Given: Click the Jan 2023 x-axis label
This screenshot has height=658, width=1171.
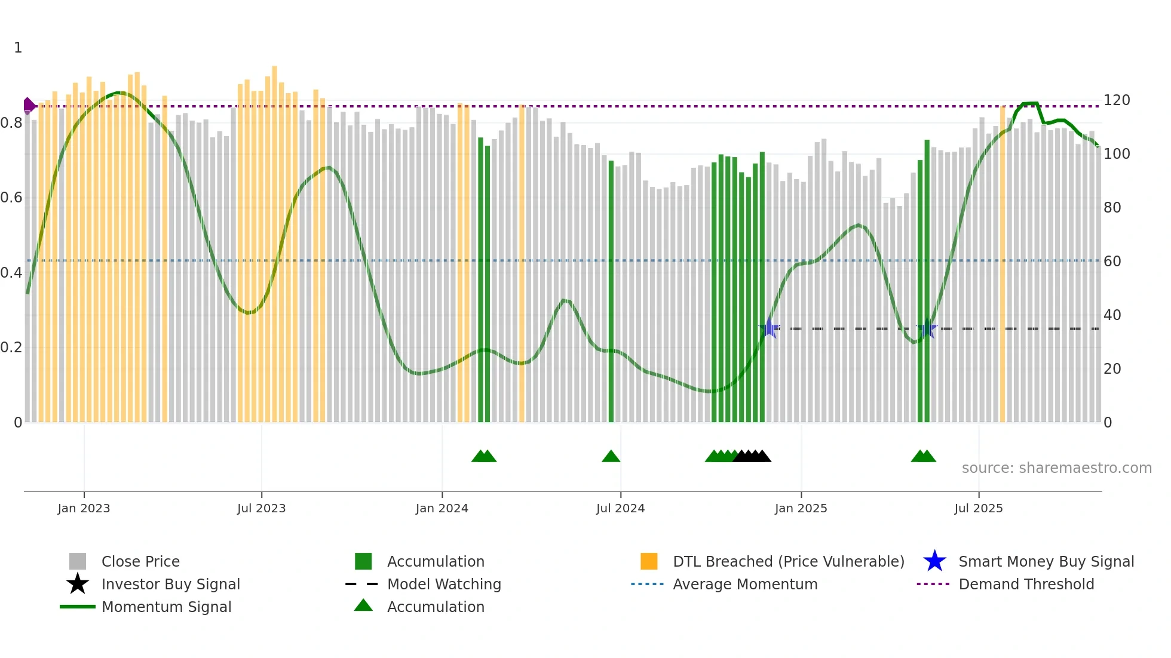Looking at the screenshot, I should pyautogui.click(x=84, y=509).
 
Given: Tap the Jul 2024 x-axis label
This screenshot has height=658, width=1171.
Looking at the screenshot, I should pyautogui.click(x=620, y=509).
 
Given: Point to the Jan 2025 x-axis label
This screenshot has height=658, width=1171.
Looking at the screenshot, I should pyautogui.click(x=801, y=509).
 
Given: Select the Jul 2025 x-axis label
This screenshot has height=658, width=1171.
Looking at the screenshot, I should pyautogui.click(x=978, y=509).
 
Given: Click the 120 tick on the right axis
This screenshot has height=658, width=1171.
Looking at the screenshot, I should pyautogui.click(x=1116, y=100).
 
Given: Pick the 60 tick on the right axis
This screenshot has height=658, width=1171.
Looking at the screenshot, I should pyautogui.click(x=1112, y=262).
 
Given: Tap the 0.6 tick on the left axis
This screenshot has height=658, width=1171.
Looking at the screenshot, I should pyautogui.click(x=11, y=198).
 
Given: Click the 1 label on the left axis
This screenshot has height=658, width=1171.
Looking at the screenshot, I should pyautogui.click(x=18, y=48).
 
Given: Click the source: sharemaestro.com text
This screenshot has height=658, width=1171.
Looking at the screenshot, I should pyautogui.click(x=1056, y=468).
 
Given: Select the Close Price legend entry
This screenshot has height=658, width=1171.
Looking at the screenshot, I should pyautogui.click(x=140, y=562).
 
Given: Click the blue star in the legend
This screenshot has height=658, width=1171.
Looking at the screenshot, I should pyautogui.click(x=934, y=561).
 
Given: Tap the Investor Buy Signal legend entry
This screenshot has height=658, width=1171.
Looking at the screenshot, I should pyautogui.click(x=170, y=585).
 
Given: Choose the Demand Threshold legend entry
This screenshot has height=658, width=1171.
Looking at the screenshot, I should pyautogui.click(x=1026, y=585).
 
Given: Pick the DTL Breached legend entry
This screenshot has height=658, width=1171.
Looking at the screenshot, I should pyautogui.click(x=788, y=562).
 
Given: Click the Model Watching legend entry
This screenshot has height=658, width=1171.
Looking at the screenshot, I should pyautogui.click(x=444, y=585).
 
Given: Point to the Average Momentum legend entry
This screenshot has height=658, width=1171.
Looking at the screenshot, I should pyautogui.click(x=744, y=585).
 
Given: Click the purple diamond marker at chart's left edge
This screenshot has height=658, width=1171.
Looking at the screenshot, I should pyautogui.click(x=29, y=106).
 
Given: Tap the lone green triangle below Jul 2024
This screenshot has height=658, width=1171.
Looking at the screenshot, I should pyautogui.click(x=611, y=457).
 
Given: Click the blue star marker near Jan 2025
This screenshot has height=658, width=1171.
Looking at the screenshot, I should pyautogui.click(x=770, y=328).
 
